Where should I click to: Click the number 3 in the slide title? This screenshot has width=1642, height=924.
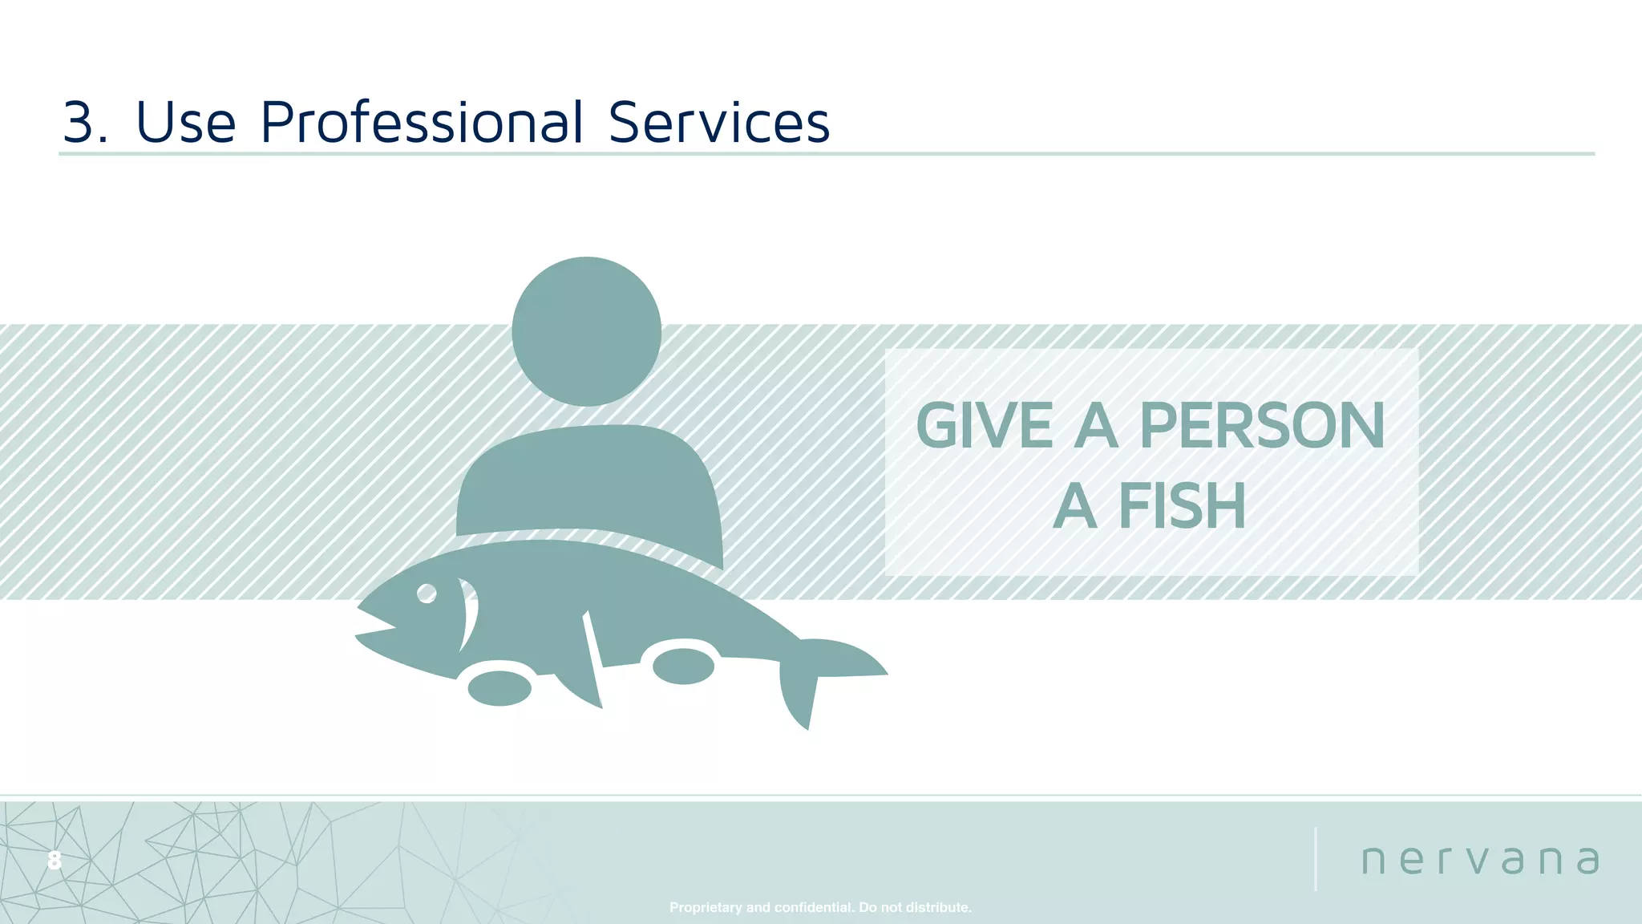pos(83,123)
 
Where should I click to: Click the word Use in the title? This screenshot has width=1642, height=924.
pos(186,123)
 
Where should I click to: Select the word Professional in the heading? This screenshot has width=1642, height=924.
pos(422,123)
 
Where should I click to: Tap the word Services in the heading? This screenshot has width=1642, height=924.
pos(718,123)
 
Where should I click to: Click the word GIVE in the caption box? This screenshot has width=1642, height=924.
pos(984,426)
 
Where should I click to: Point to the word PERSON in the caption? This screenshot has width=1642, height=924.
pos(1261,426)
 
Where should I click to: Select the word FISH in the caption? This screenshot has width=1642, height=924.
pos(1182,507)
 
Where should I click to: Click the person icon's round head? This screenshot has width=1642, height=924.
pos(586,331)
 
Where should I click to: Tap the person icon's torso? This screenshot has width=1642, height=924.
pos(589,481)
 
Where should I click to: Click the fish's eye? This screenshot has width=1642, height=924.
pos(427,594)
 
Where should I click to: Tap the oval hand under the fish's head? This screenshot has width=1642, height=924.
pos(499,688)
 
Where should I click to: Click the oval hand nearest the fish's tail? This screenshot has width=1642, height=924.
pos(683,666)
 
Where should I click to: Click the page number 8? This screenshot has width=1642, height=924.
pos(54,861)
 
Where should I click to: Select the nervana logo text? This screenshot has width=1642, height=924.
pos(1480,860)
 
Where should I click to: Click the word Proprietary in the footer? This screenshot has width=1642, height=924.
pos(706,907)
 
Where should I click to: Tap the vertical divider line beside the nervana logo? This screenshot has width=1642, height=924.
pos(1316,858)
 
